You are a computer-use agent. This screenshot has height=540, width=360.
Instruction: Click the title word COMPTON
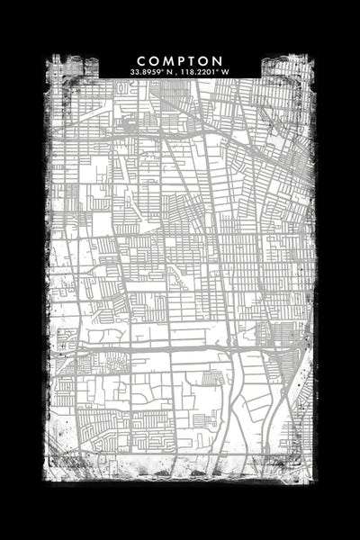(180, 60)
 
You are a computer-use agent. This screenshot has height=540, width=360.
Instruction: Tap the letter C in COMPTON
(142, 60)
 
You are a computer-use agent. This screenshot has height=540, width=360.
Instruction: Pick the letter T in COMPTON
(193, 60)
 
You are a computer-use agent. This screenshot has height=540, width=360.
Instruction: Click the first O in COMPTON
(154, 60)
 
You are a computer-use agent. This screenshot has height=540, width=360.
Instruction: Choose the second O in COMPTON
(205, 60)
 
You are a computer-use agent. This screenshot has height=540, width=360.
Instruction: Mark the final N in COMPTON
(219, 60)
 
